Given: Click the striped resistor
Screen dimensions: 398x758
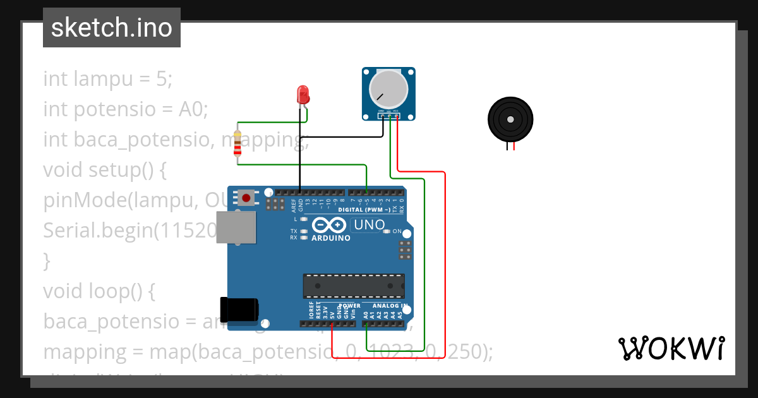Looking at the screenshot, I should click(x=238, y=143).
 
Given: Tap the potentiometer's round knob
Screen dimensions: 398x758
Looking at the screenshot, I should click(x=388, y=88).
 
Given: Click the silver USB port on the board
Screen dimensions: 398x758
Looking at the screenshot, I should click(x=236, y=227).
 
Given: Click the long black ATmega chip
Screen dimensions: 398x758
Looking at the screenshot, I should click(x=353, y=286).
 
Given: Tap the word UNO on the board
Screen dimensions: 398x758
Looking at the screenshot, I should click(x=369, y=225).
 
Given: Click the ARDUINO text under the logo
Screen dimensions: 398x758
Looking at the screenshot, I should click(x=330, y=238).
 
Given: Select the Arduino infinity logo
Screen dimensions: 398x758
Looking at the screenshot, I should click(x=329, y=225).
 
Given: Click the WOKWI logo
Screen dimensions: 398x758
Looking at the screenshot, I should click(x=671, y=349).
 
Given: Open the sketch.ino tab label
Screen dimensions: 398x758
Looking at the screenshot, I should click(x=112, y=28).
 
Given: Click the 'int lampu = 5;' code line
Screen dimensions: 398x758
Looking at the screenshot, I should click(x=107, y=79).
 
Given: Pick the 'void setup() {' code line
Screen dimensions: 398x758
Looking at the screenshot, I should click(x=104, y=170).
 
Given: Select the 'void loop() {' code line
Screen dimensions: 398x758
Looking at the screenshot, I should click(x=99, y=291).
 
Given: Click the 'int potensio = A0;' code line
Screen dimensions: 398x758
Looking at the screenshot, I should click(x=125, y=109).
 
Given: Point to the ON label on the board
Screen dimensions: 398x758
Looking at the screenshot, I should click(x=397, y=232).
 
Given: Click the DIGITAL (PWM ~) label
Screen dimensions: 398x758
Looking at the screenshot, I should click(x=364, y=209).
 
